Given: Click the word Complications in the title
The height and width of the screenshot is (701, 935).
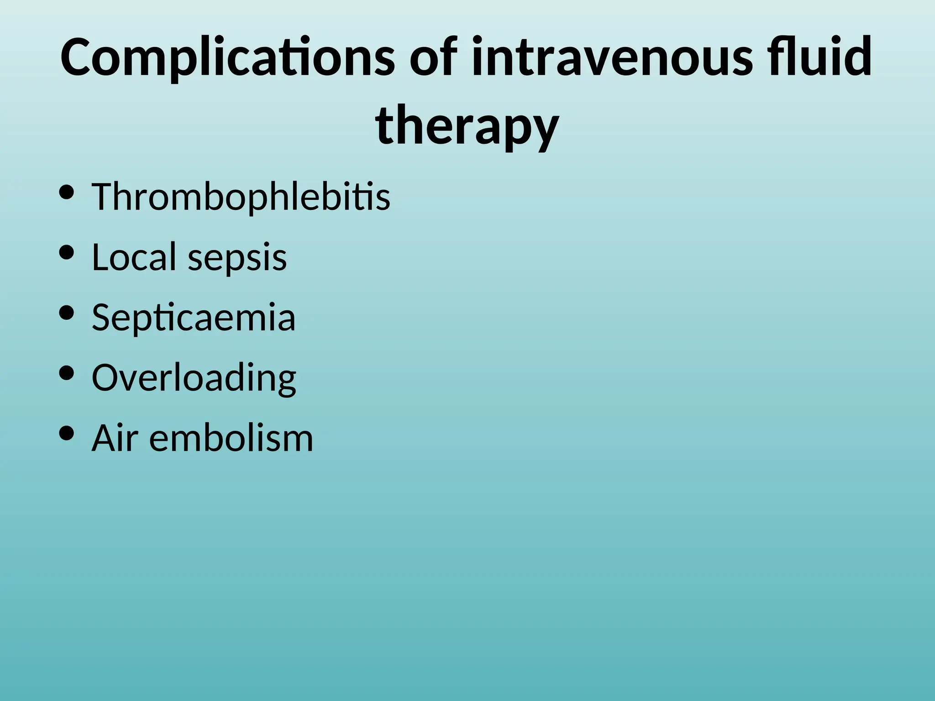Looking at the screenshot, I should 227,58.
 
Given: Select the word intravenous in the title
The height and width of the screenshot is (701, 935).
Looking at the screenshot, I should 611,58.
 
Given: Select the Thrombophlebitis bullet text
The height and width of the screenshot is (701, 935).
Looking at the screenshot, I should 241,197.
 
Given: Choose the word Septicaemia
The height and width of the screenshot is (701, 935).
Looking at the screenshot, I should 194,318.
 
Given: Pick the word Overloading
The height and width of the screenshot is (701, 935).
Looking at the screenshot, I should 194,378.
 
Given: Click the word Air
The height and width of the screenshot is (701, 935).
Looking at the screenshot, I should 114,438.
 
